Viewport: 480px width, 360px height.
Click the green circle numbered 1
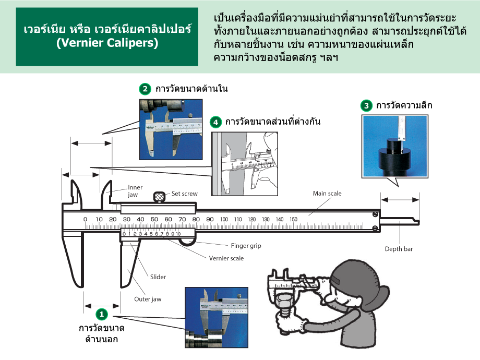[101, 314]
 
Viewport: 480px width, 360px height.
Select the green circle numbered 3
[367, 105]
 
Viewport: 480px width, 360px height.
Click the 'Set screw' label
[185, 194]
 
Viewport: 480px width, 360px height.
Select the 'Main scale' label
[327, 194]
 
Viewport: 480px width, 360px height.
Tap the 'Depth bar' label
[399, 249]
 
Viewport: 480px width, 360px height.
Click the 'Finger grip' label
[246, 245]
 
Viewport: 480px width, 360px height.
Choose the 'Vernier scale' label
[226, 258]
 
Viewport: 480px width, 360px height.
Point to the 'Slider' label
[158, 277]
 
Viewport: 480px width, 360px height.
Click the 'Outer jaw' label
[148, 299]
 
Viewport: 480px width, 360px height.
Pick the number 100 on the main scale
[224, 219]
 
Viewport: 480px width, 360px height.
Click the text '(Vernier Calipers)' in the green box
[107, 44]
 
